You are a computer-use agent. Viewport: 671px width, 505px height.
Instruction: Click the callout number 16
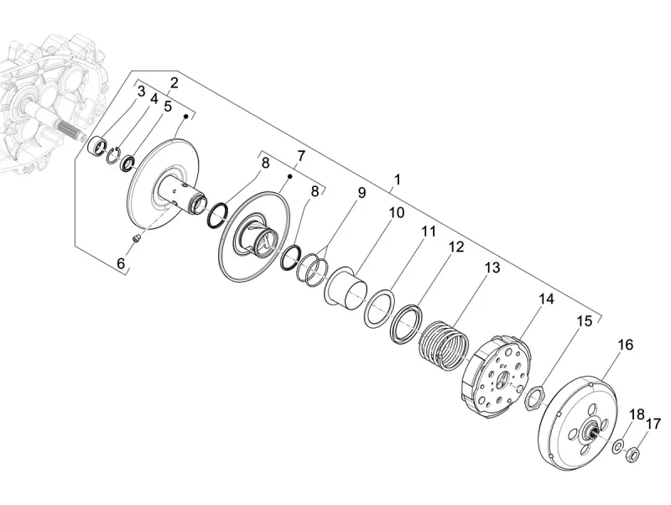click(626, 345)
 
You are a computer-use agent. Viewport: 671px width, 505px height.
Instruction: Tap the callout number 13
click(492, 268)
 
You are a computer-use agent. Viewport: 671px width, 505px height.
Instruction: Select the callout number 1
click(398, 180)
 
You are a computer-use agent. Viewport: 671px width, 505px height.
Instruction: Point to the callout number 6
click(121, 263)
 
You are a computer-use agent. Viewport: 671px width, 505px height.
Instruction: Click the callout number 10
click(396, 213)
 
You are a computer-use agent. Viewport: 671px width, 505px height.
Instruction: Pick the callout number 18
click(637, 414)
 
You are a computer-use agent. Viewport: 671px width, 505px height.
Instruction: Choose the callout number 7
click(300, 156)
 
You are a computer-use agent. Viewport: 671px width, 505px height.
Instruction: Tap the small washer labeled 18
click(617, 446)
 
